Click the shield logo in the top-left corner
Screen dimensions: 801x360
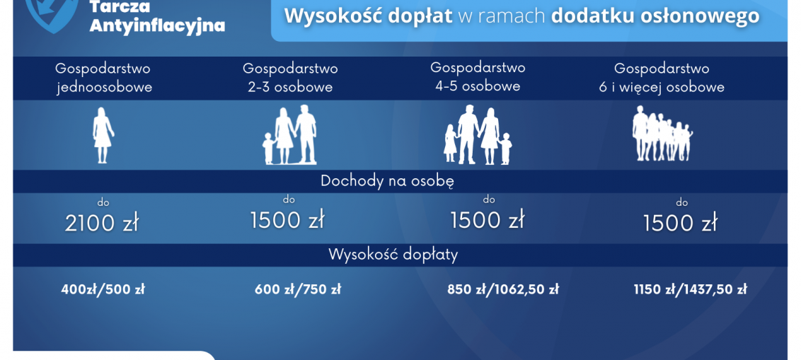click(x=52, y=14)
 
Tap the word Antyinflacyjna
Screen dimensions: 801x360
click(x=157, y=25)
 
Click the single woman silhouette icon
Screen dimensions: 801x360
click(x=103, y=135)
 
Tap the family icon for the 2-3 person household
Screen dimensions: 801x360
click(x=289, y=135)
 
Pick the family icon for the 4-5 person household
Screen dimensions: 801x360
click(x=478, y=136)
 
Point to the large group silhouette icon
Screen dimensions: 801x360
click(x=662, y=134)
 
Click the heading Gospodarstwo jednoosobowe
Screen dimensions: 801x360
click(x=103, y=78)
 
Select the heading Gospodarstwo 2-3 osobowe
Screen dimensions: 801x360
click(x=290, y=78)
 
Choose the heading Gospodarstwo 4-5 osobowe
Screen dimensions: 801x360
click(x=478, y=76)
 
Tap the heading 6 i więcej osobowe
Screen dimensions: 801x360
click(x=662, y=87)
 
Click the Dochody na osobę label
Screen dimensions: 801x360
click(x=387, y=182)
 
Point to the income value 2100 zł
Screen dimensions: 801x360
click(x=102, y=223)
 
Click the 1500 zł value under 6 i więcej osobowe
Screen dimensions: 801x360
click(x=680, y=223)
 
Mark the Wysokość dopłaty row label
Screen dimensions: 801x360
click(x=393, y=255)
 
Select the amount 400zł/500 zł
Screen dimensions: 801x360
click(x=103, y=289)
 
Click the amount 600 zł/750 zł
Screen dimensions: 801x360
click(x=298, y=289)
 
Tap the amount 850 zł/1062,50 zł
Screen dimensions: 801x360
click(x=503, y=289)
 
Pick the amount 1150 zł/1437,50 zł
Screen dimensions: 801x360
click(x=690, y=289)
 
